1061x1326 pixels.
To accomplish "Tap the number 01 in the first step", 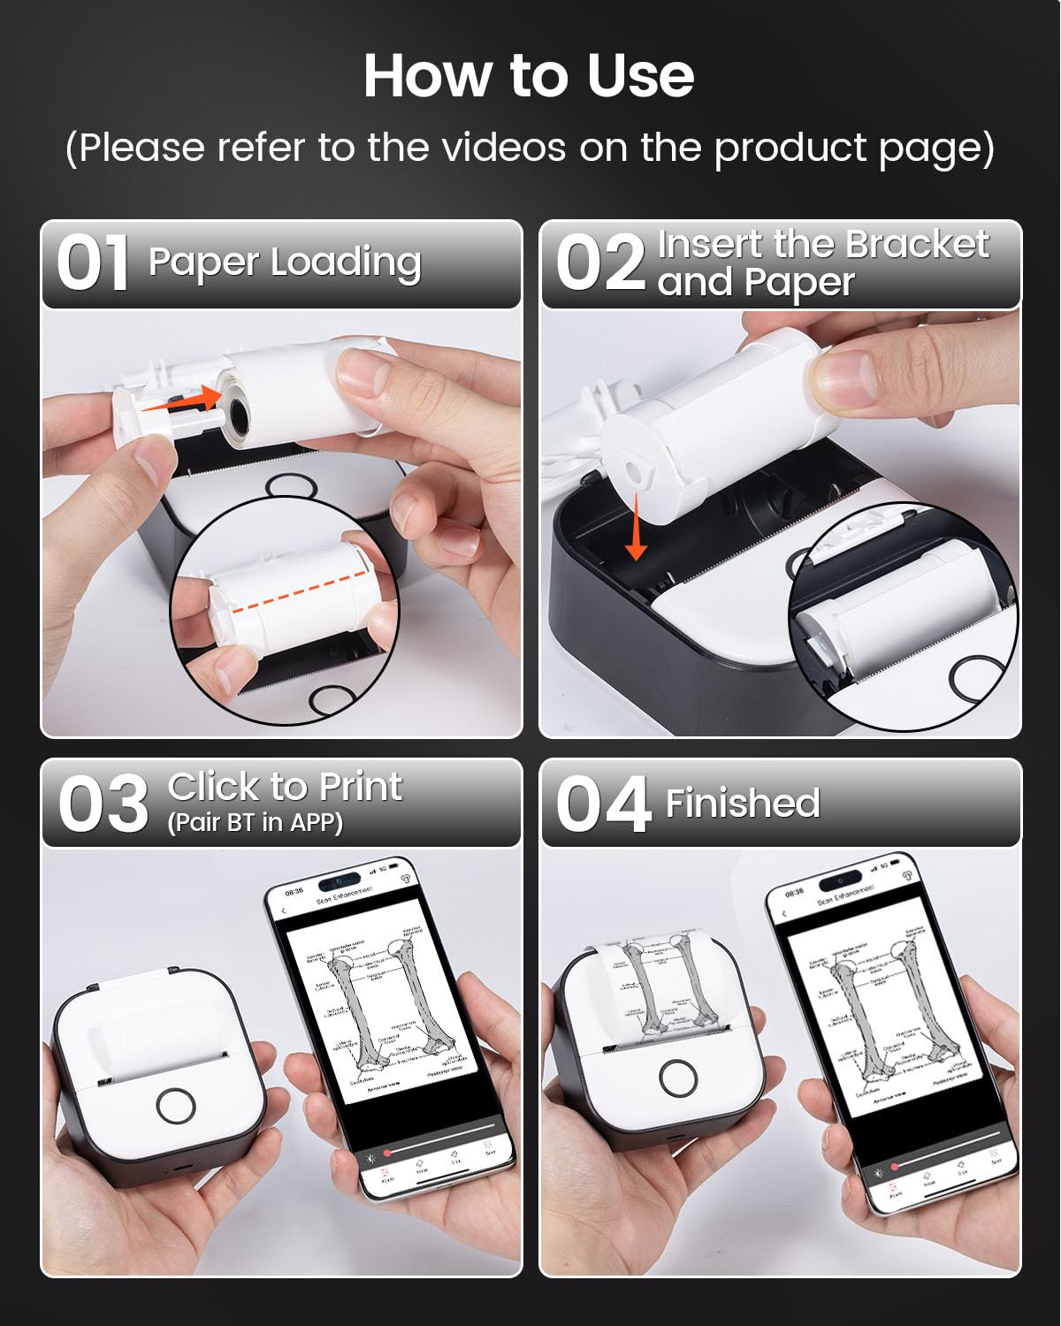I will pyautogui.click(x=93, y=263).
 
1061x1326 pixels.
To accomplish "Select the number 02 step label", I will pyautogui.click(x=600, y=263).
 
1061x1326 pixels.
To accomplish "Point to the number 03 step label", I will pyautogui.click(x=103, y=804).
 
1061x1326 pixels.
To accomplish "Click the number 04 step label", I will pyautogui.click(x=603, y=804).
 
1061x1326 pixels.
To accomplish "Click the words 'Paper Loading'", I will pyautogui.click(x=285, y=262).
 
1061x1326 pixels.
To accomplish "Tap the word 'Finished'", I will pyautogui.click(x=743, y=803).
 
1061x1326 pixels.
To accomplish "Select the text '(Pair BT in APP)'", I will pyautogui.click(x=255, y=823).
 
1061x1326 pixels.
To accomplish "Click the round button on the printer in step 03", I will pyautogui.click(x=175, y=1105).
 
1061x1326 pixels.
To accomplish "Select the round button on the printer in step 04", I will pyautogui.click(x=678, y=1077).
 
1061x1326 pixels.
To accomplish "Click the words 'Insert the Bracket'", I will pyautogui.click(x=822, y=244).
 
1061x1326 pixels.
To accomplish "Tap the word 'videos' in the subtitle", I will pyautogui.click(x=504, y=147).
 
